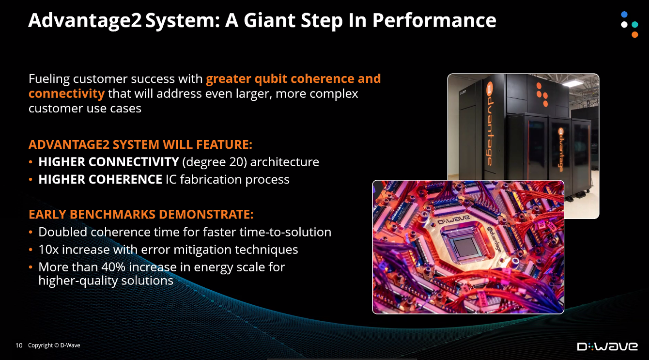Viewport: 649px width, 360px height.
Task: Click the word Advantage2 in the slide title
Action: [x=85, y=20]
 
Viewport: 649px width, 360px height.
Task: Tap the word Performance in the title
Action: [x=434, y=20]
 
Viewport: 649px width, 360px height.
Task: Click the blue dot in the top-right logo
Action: [x=624, y=15]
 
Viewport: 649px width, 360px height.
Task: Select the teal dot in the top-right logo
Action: [x=635, y=24]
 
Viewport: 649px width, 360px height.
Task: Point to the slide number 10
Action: [x=19, y=345]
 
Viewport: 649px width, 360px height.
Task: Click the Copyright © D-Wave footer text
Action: [x=54, y=345]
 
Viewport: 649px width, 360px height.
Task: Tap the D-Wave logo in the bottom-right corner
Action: [x=607, y=346]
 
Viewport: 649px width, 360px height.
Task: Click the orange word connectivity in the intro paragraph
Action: [x=67, y=94]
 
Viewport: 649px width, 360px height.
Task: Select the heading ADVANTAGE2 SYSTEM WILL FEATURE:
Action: [x=140, y=144]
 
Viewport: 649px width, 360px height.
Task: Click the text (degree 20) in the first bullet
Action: [x=215, y=162]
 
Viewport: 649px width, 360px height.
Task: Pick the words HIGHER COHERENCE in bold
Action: [x=100, y=179]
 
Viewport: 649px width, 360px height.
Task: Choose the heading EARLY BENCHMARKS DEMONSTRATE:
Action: [x=141, y=214]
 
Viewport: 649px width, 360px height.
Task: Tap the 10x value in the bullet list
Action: [x=48, y=250]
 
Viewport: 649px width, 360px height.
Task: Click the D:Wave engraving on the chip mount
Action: [x=453, y=219]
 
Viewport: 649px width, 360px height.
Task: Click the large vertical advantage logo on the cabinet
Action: [x=489, y=124]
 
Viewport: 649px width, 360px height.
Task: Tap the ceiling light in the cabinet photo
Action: [x=573, y=83]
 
